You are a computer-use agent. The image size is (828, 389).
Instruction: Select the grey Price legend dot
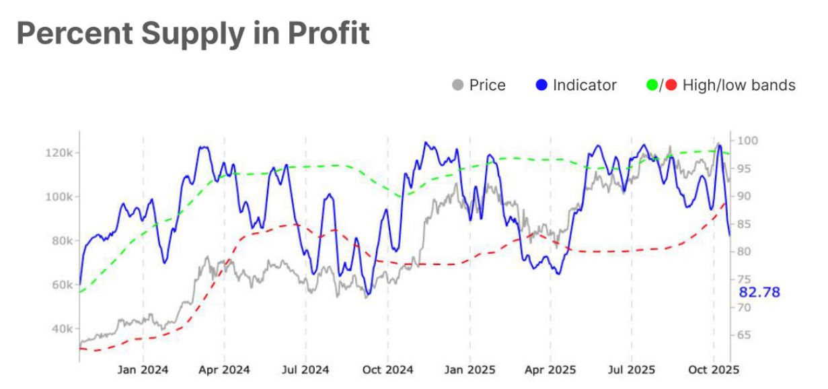pyautogui.click(x=458, y=85)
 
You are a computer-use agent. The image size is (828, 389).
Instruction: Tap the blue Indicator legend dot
pyautogui.click(x=541, y=85)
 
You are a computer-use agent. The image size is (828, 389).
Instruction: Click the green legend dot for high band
pyautogui.click(x=651, y=85)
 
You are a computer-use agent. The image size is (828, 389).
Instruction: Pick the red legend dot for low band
pyautogui.click(x=671, y=85)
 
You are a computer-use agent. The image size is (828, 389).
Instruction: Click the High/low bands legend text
pyautogui.click(x=739, y=85)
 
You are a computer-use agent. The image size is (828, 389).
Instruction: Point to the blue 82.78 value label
pyautogui.click(x=759, y=292)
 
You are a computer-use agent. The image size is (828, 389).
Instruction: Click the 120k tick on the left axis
pyautogui.click(x=59, y=153)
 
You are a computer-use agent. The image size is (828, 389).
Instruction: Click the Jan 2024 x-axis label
pyautogui.click(x=143, y=369)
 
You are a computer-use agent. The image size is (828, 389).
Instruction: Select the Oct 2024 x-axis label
pyautogui.click(x=387, y=369)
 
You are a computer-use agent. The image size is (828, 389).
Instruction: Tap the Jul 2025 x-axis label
pyautogui.click(x=631, y=369)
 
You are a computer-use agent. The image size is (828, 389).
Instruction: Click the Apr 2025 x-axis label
pyautogui.click(x=550, y=369)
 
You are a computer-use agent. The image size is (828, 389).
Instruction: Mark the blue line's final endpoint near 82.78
pyautogui.click(x=730, y=236)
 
